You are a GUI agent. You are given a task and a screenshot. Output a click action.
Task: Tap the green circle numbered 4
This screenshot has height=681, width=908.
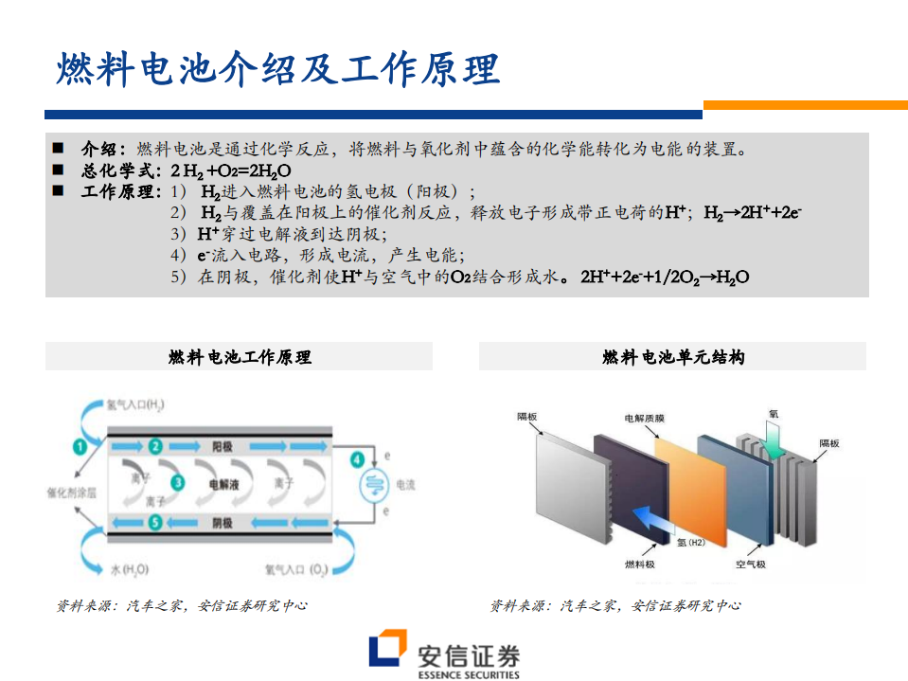(357, 461)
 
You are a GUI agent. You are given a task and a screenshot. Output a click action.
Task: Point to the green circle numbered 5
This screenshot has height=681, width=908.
(155, 523)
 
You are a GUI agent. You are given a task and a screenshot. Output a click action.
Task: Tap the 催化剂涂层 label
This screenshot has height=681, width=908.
(71, 493)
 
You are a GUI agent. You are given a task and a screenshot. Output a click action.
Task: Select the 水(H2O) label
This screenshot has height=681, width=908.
(130, 569)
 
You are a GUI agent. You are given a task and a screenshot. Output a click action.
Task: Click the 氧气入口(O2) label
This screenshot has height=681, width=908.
(295, 569)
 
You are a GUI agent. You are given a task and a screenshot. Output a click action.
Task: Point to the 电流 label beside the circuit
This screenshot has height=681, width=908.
(404, 485)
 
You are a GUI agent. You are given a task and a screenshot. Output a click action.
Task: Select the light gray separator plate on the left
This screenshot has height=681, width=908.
(568, 483)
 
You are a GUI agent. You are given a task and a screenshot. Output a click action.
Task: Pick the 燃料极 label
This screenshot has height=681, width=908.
(639, 565)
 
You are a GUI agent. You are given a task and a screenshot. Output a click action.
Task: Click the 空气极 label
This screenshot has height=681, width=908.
(750, 565)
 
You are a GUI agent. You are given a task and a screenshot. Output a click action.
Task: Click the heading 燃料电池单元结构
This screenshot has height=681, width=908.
(672, 357)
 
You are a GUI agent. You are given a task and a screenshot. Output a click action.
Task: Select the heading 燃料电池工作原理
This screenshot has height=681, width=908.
(240, 357)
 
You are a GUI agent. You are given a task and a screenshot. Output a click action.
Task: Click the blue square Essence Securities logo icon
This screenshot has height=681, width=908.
(387, 652)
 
